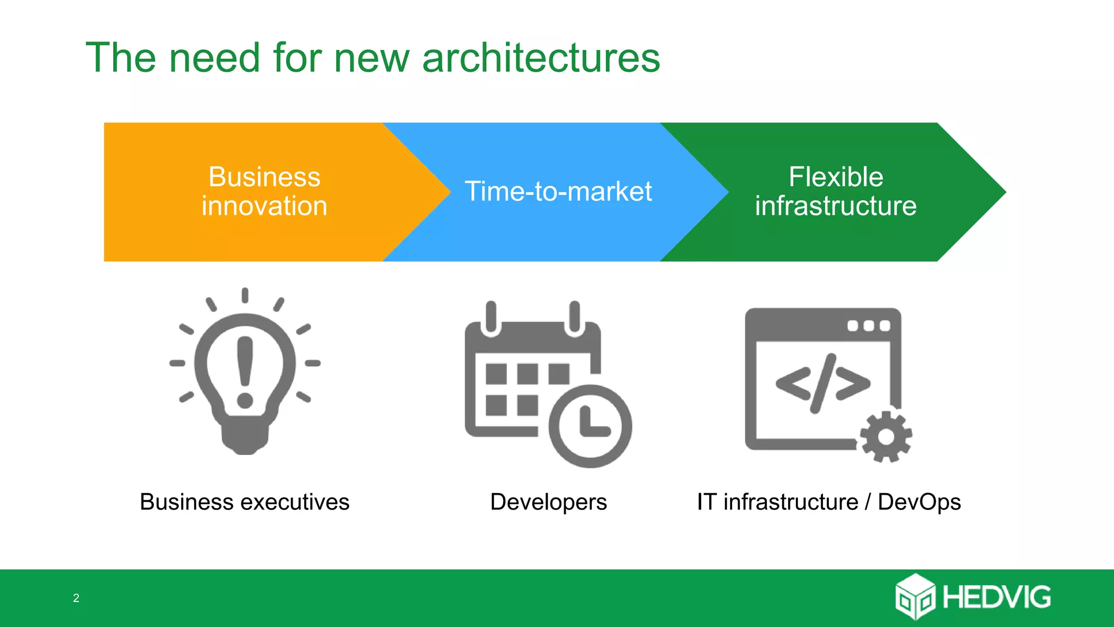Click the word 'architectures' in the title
(x=541, y=58)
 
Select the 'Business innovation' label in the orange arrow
(x=264, y=192)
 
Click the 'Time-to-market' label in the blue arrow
(x=558, y=192)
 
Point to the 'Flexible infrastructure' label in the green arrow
(x=835, y=192)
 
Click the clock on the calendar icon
(x=590, y=426)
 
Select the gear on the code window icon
(x=886, y=437)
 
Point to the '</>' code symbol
(x=822, y=383)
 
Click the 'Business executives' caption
(x=244, y=502)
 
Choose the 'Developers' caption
(x=548, y=502)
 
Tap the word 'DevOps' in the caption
(x=919, y=502)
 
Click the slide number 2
(x=76, y=598)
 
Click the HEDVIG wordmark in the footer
(x=997, y=598)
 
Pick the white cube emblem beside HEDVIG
(x=915, y=597)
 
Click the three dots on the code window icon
(x=869, y=325)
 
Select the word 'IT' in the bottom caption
(x=706, y=502)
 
